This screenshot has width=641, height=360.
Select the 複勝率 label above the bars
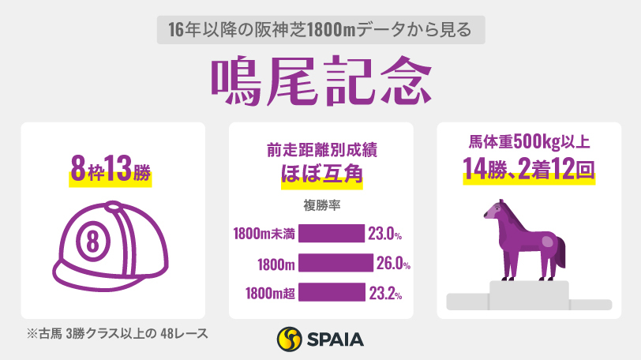pyautogui.click(x=320, y=206)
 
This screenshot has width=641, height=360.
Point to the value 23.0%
pyautogui.click(x=386, y=234)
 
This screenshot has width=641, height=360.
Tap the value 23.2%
pyautogui.click(x=386, y=293)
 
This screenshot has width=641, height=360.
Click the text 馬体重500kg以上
pyautogui.click(x=527, y=143)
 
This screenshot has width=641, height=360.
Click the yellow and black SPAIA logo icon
pyautogui.click(x=290, y=340)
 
